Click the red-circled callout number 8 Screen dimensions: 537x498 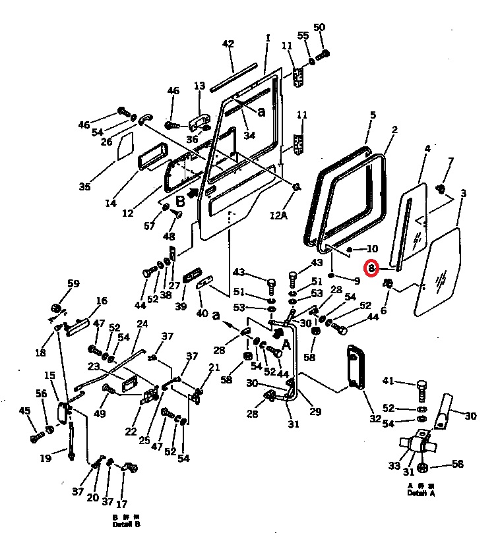372,268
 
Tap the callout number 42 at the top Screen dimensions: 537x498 228,44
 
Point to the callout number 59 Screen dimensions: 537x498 73,284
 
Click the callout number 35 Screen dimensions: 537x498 84,186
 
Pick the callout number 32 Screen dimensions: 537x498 375,418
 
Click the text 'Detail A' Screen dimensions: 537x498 421,492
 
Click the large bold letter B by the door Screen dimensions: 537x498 180,200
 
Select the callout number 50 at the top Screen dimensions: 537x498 319,27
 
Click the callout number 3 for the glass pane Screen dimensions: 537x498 464,193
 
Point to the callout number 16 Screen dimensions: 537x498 101,301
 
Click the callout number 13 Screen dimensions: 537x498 200,86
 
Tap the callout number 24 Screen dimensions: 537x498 142,324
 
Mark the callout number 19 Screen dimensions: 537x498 46,458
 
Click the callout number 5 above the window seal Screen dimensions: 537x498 373,115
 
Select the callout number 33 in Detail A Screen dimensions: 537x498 394,465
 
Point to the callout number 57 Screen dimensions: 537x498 150,226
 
